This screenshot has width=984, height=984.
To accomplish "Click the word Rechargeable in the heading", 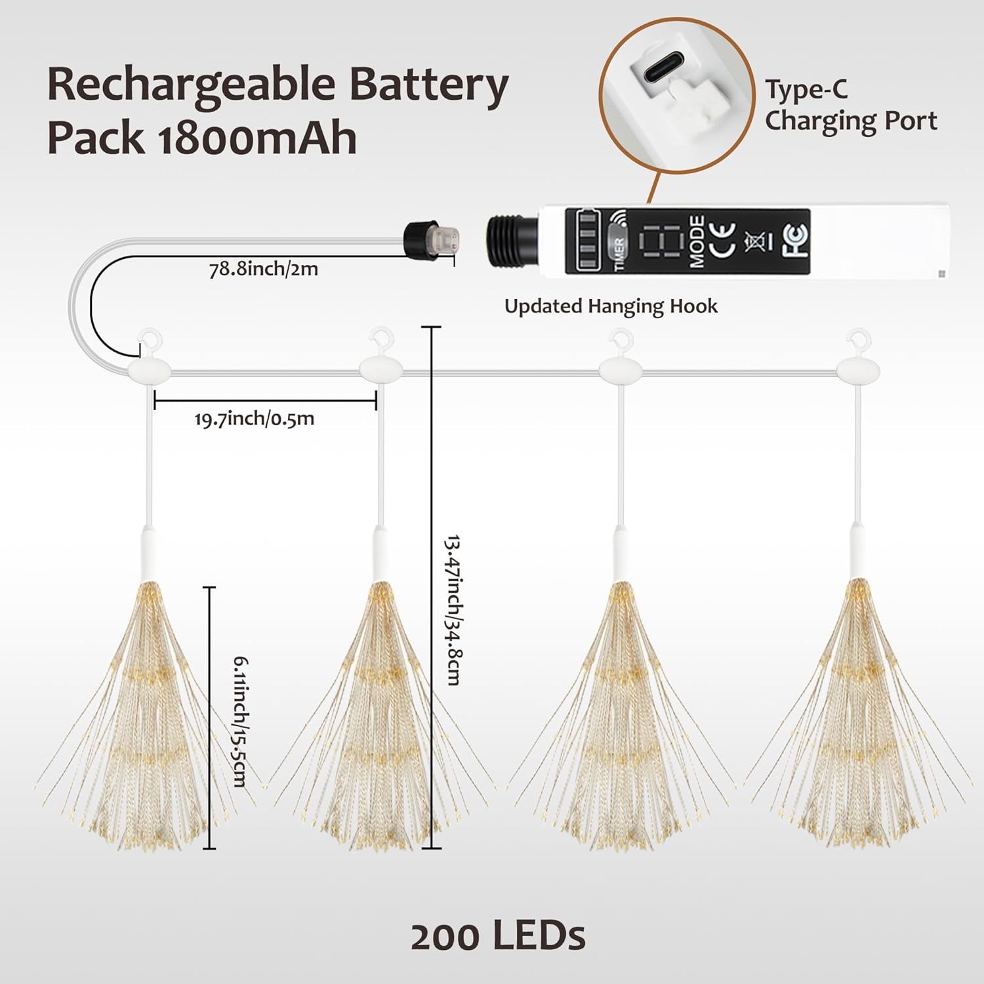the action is click(190, 85).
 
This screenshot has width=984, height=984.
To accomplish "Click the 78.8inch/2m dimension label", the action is click(263, 269).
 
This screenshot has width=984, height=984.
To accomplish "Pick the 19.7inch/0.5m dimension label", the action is click(255, 419).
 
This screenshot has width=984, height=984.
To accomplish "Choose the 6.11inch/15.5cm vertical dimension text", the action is click(240, 721).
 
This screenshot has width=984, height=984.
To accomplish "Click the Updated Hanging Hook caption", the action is click(611, 306).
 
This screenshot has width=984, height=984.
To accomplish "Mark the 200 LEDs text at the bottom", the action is click(498, 936).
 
